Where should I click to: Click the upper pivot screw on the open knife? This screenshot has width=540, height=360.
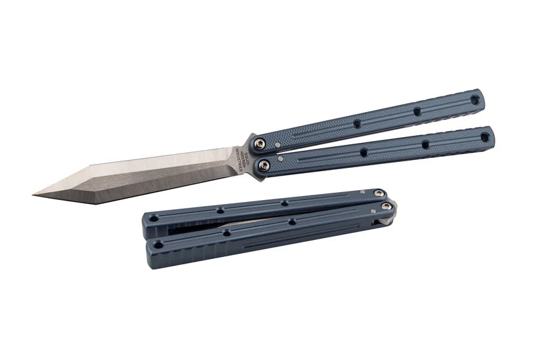pyautogui.click(x=260, y=144)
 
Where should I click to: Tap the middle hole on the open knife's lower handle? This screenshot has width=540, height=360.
pyautogui.click(x=425, y=144)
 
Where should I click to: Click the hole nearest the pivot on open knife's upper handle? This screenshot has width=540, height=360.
pyautogui.click(x=357, y=123)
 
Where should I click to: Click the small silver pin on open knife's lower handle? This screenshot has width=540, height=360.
pyautogui.click(x=282, y=159)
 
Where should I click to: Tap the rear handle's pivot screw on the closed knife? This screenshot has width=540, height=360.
pyautogui.click(x=379, y=193)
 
